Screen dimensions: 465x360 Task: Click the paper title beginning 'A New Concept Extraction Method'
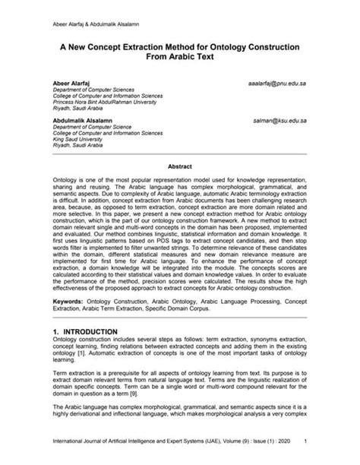179,47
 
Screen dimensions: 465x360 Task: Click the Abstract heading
179,165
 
